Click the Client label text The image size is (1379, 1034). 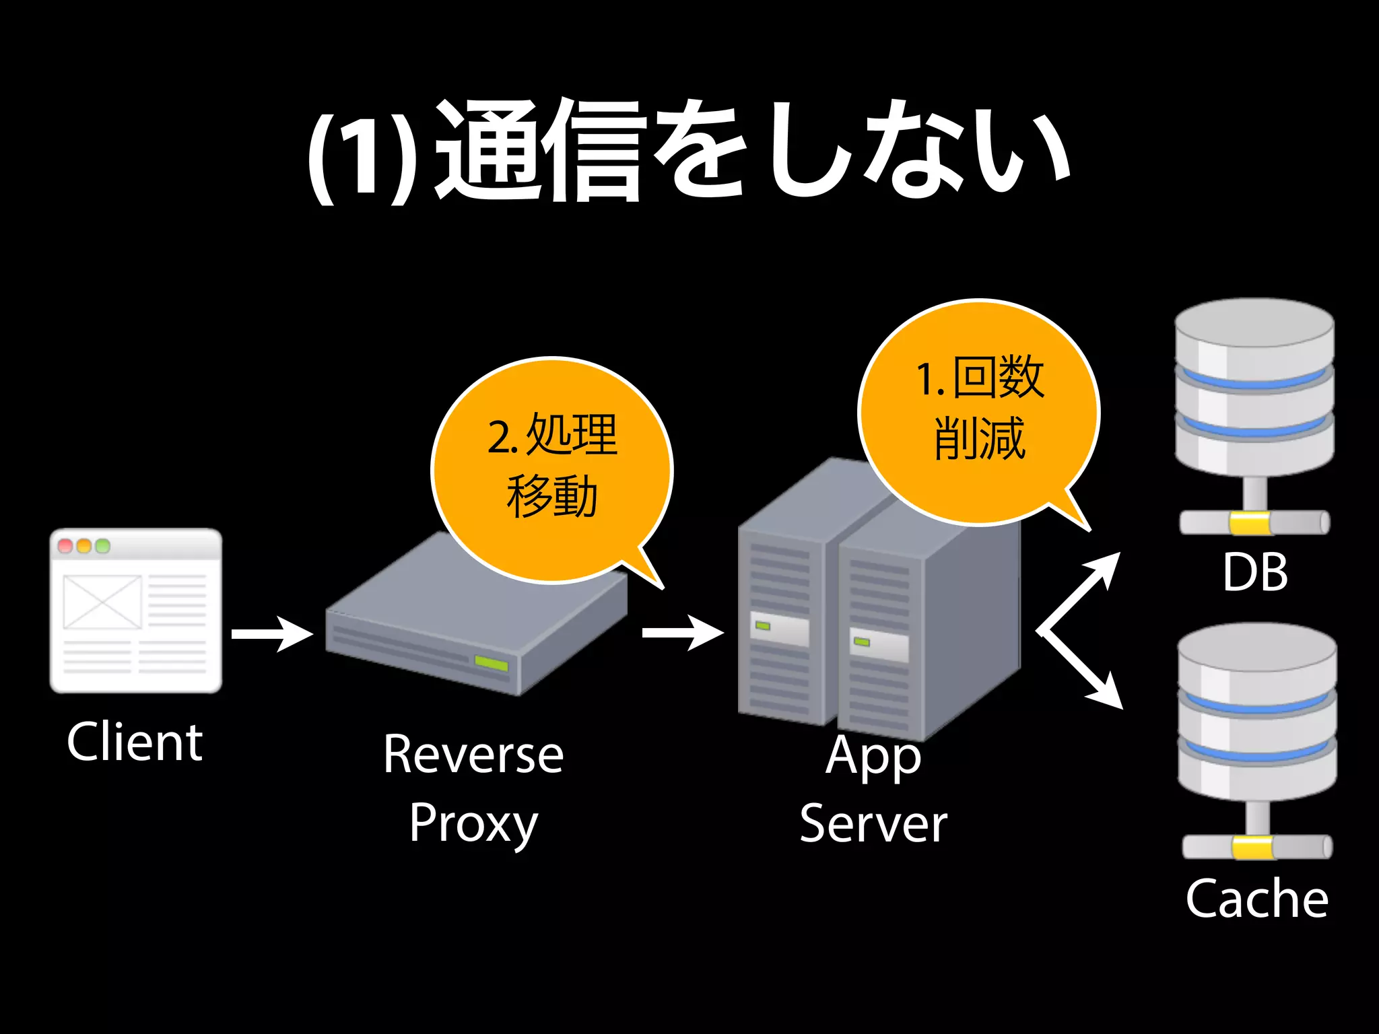(x=135, y=742)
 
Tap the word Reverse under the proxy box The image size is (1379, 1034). (x=473, y=754)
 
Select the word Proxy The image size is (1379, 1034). (x=473, y=823)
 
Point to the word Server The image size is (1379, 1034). (x=873, y=823)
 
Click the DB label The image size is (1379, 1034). (x=1255, y=572)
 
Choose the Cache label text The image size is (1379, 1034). (x=1256, y=898)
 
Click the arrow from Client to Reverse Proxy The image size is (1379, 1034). (x=273, y=634)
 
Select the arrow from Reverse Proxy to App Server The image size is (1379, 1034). (x=683, y=633)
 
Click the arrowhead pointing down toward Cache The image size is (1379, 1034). (x=1108, y=693)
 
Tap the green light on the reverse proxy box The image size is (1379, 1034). (x=491, y=664)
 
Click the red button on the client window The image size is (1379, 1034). (x=65, y=545)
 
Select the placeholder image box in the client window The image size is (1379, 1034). (x=102, y=602)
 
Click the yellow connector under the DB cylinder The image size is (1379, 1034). (x=1250, y=523)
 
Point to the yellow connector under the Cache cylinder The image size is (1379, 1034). (x=1252, y=847)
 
